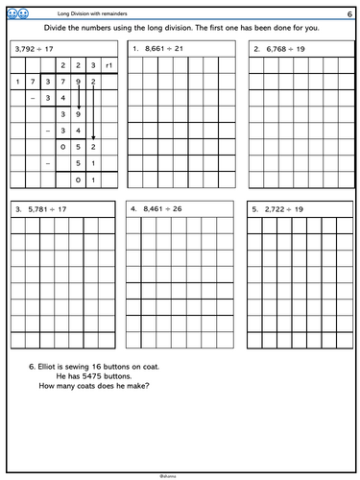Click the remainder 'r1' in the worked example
(x=108, y=65)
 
